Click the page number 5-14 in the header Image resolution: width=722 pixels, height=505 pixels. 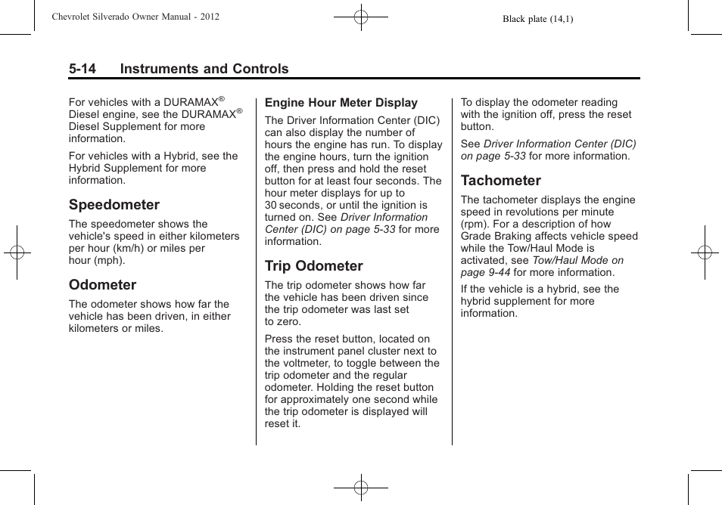tap(82, 69)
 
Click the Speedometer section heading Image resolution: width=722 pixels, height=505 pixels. tap(114, 205)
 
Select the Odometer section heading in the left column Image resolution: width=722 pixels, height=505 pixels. tap(102, 285)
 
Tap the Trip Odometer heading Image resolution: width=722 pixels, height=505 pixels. tap(313, 266)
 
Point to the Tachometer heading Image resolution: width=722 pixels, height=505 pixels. tap(500, 181)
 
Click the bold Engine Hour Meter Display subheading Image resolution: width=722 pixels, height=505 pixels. tap(341, 103)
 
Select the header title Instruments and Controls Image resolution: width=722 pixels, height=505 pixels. tap(204, 69)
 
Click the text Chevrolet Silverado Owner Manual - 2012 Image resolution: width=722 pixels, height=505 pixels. tap(135, 16)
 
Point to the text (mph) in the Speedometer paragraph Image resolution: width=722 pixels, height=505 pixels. tap(109, 260)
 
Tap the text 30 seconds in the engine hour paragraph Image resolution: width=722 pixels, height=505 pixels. tap(288, 205)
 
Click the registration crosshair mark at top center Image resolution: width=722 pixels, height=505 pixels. tap(361, 16)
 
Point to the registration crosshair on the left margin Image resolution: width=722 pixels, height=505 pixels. tap(17, 253)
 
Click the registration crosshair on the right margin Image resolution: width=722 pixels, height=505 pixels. tap(705, 253)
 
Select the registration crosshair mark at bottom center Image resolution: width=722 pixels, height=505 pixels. tap(361, 488)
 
